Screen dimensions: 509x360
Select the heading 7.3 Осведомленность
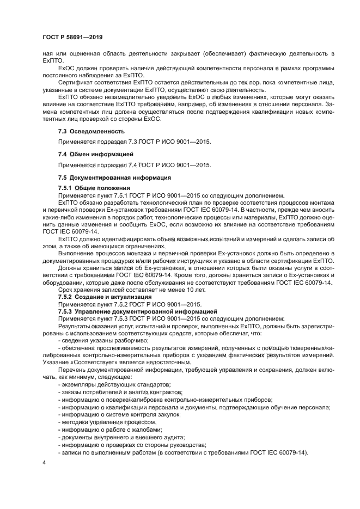coord(91,131)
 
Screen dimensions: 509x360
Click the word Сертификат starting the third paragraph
coord(74,82)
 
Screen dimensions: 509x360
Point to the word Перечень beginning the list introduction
coord(72,370)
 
